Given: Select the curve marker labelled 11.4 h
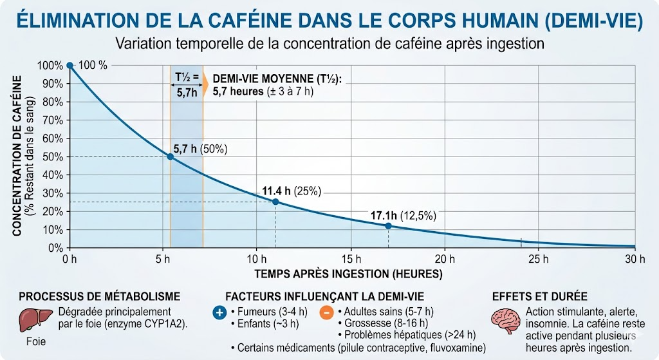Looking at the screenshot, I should click(275, 202).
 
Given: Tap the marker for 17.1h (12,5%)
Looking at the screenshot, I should click(388, 225).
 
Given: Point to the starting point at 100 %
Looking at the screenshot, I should click(70, 65).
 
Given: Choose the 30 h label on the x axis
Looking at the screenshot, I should click(635, 259).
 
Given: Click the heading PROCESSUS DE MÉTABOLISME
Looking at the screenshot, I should click(100, 296).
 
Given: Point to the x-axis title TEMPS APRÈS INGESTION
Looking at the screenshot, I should click(348, 274).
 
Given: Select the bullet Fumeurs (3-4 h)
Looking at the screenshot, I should click(265, 312).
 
